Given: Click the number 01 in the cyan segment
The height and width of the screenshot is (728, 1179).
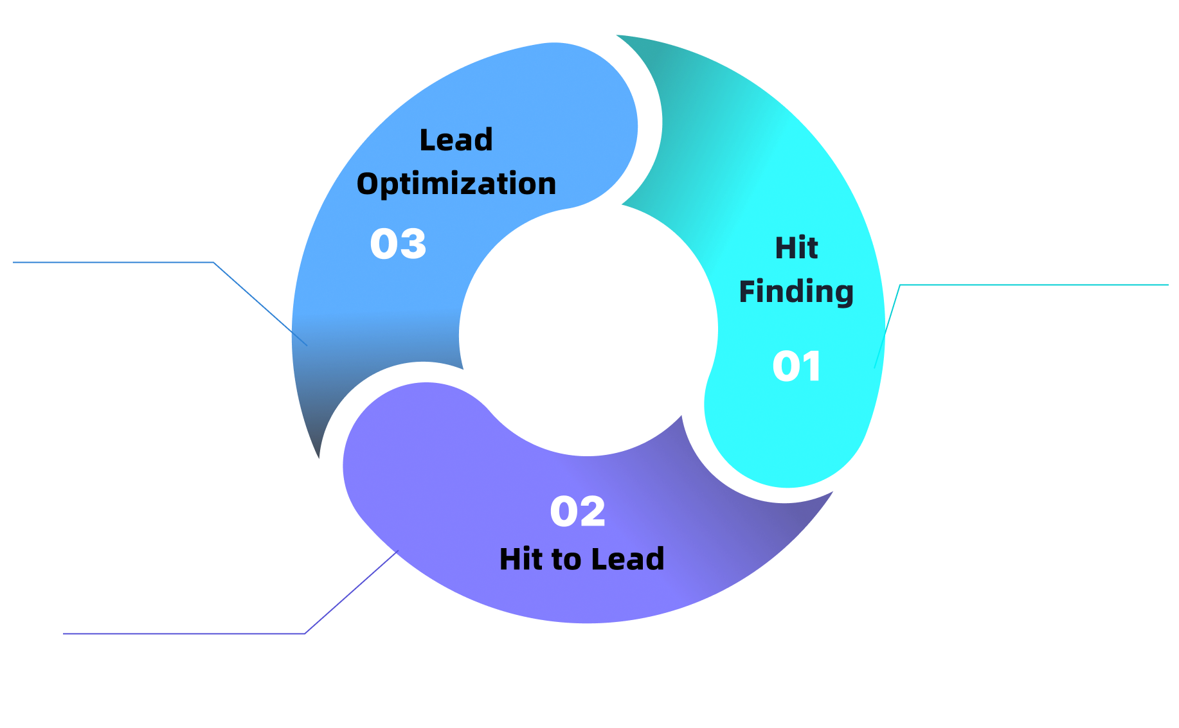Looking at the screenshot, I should click(797, 367).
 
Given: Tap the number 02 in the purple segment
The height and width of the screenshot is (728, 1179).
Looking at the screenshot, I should click(577, 511).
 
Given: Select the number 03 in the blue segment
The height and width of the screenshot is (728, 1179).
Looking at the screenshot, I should click(398, 244).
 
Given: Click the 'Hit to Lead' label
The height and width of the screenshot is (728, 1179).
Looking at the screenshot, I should click(581, 559).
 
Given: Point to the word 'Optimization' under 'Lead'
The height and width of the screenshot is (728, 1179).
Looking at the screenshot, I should click(456, 184).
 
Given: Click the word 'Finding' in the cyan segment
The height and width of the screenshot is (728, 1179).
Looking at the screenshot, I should click(796, 292).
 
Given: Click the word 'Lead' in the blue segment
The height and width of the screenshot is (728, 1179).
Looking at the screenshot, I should click(456, 140).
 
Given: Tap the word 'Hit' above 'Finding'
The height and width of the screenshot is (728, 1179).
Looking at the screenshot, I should click(796, 248).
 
